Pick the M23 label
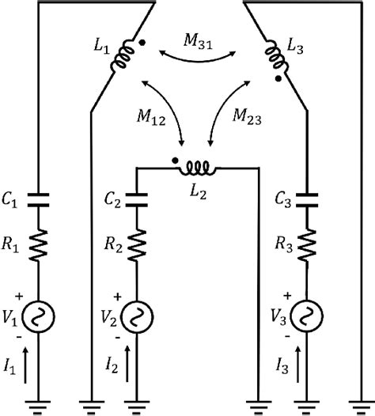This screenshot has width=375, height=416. (250, 115)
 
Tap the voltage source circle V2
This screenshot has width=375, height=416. (139, 316)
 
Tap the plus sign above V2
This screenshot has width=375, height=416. (119, 297)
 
